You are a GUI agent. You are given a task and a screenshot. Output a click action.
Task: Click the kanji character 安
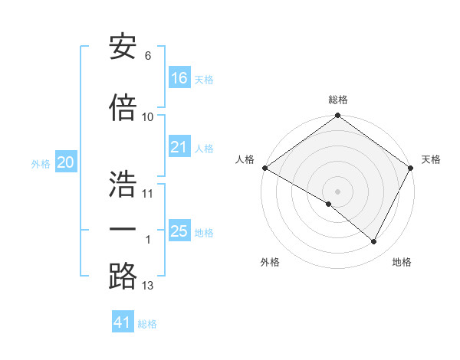point(123,48)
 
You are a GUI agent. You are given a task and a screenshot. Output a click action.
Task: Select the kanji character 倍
point(123,108)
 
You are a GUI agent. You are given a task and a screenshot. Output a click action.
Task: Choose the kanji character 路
point(123,277)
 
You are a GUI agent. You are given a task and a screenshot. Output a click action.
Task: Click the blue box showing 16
point(179,78)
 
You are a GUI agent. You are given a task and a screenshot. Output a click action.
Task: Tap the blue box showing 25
point(179,231)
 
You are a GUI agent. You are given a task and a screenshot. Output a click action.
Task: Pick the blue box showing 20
point(66,162)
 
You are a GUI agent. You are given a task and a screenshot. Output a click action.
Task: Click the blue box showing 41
point(123,322)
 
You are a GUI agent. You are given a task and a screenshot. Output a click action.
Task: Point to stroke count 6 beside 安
point(148,55)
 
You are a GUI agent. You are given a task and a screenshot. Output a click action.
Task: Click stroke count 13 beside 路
point(148,286)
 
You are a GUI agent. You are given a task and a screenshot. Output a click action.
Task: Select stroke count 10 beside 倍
point(148,116)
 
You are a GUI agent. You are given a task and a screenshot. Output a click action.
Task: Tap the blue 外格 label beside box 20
point(41,163)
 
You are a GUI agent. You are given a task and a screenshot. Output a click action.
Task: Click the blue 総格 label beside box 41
point(147,324)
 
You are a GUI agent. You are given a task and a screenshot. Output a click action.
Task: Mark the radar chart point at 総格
point(337,116)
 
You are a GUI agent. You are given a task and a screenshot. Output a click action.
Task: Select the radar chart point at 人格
point(264,168)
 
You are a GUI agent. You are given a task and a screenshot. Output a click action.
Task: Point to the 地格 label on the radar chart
point(402,262)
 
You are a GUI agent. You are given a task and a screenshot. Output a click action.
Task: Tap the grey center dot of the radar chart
point(337,191)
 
